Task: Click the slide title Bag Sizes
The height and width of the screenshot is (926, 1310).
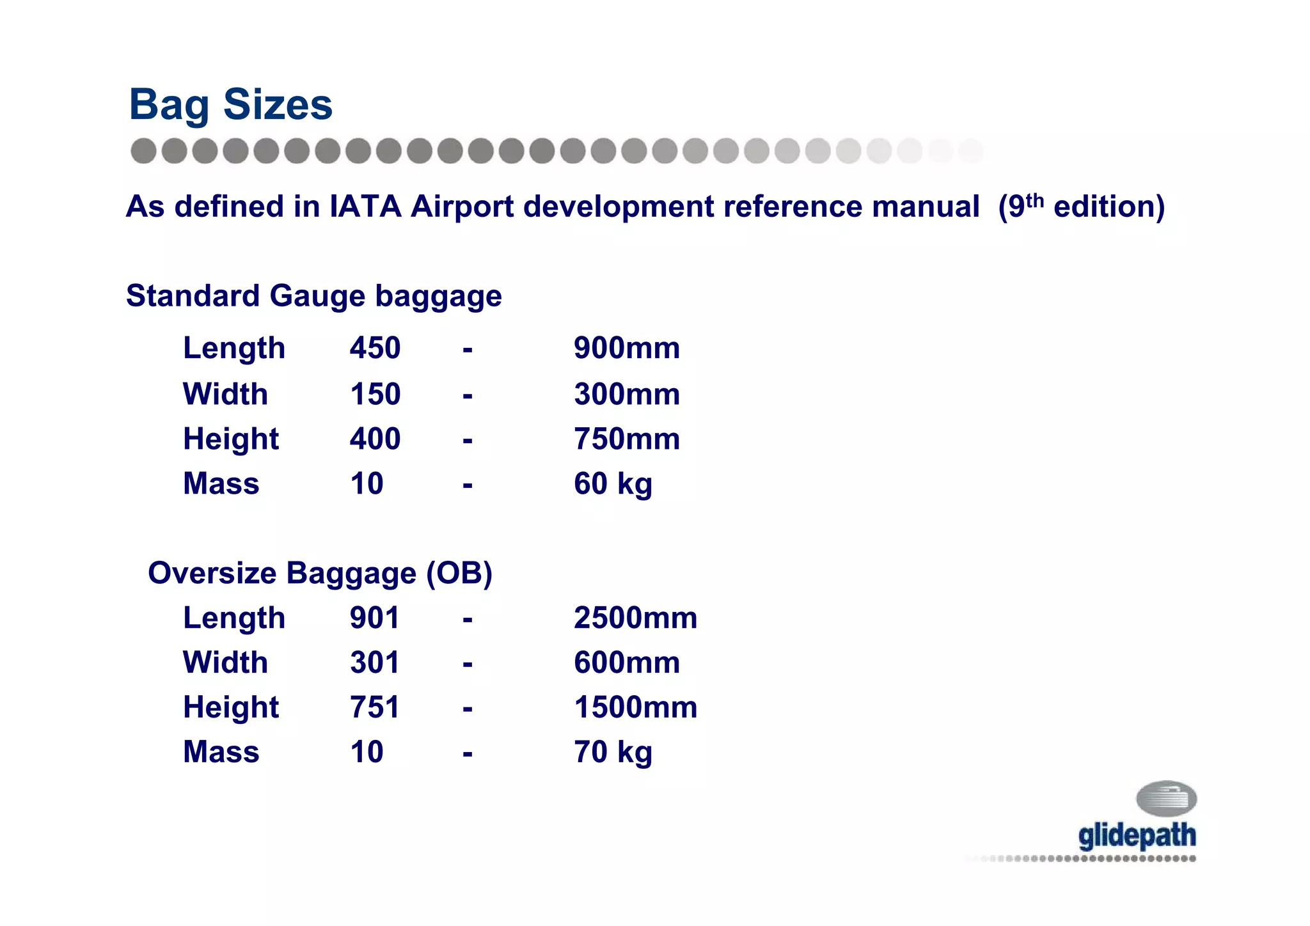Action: pos(230,104)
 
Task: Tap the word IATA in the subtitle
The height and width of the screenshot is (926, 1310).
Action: pos(365,207)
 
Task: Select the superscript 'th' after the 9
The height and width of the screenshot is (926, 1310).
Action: pos(1034,200)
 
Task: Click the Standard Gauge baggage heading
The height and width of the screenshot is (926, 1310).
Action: pos(313,296)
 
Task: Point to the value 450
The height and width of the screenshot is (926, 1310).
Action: pos(375,349)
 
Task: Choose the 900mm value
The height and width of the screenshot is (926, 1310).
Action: pos(626,349)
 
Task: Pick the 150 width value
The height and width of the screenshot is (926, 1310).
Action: pos(375,394)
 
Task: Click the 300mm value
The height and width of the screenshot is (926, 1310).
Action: pos(626,394)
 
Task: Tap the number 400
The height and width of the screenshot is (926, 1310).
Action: pos(375,439)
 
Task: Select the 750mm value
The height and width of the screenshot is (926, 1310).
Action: pos(626,439)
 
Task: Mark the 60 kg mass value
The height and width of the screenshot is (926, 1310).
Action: pos(613,484)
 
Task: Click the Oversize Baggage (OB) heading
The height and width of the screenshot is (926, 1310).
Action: pos(320,573)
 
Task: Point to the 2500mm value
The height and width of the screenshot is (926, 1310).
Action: pos(635,618)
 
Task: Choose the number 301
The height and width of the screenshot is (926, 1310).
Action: pos(374,663)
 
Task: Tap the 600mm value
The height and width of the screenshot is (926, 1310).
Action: pos(626,663)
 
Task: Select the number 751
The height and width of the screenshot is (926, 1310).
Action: pos(374,707)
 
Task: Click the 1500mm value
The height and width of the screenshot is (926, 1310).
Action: pos(635,707)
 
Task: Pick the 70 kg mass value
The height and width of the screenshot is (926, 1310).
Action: pos(613,752)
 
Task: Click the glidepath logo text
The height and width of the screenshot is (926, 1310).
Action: pos(1137,836)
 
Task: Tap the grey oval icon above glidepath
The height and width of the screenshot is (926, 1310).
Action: pos(1166,798)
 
